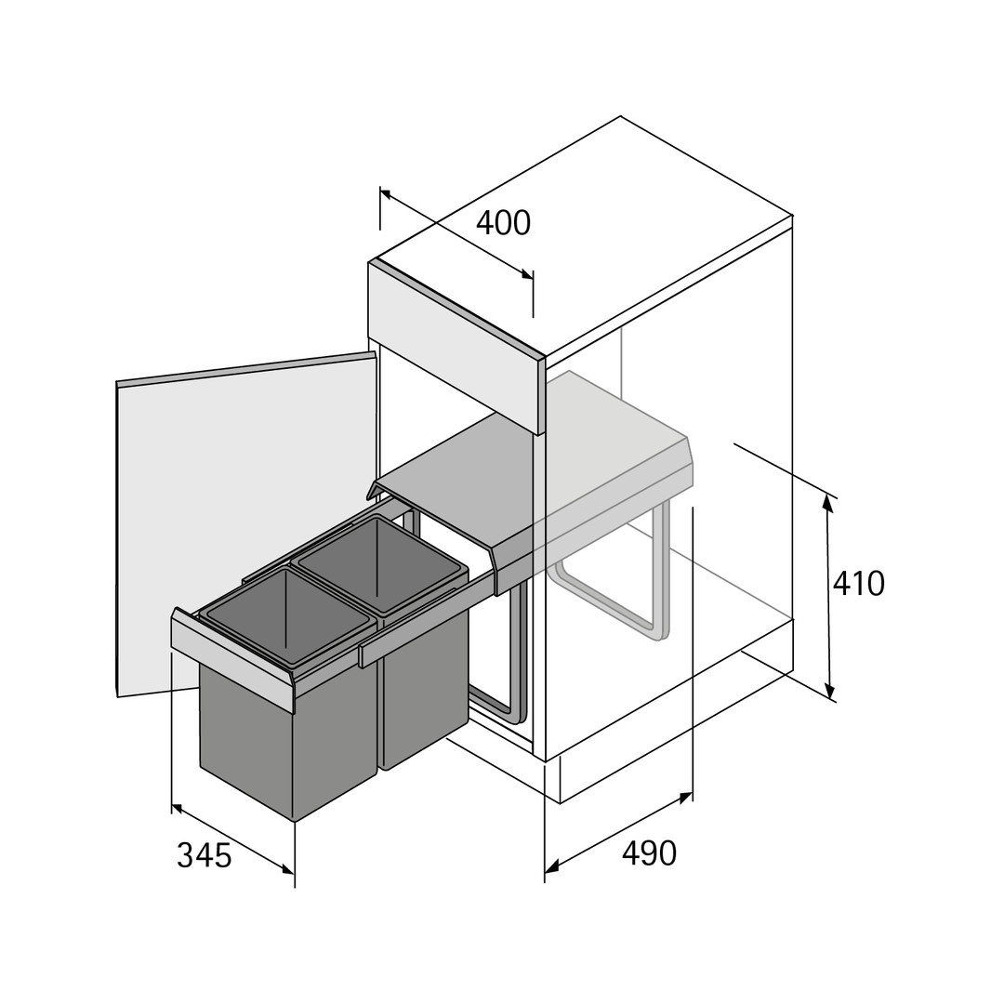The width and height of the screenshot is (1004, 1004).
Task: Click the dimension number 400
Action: (503, 223)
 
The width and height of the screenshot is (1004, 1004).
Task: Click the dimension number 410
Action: (859, 583)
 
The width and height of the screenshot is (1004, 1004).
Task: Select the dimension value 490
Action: (649, 852)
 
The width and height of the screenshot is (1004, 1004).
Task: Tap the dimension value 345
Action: (204, 855)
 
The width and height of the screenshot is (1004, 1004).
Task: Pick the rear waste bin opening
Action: (378, 565)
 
